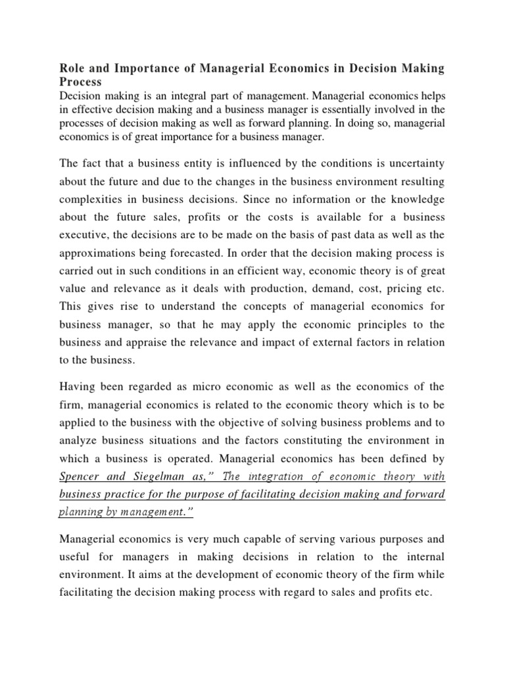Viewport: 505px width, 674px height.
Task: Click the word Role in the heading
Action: coord(72,68)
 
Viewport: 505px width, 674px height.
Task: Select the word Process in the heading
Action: coord(81,82)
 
